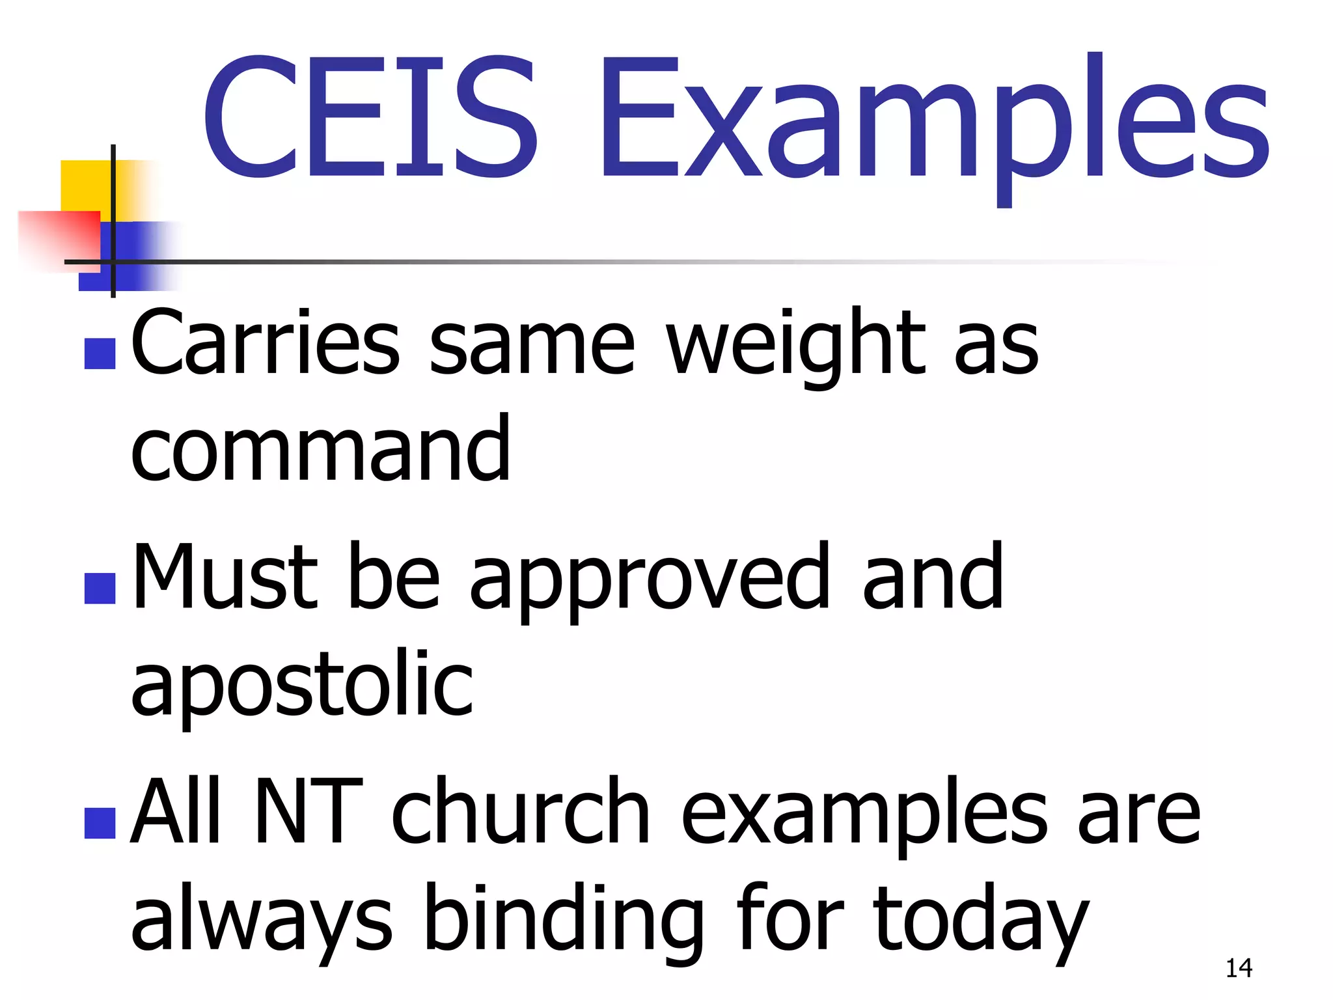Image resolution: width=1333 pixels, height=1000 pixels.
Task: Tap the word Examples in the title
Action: [x=935, y=124]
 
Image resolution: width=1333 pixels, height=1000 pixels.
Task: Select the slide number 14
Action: [x=1239, y=968]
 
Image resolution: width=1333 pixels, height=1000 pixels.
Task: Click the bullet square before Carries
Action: [x=100, y=354]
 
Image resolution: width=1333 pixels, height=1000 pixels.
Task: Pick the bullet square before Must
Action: [x=100, y=588]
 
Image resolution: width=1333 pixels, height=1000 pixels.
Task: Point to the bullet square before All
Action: [x=100, y=823]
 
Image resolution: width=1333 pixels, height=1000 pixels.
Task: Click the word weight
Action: [x=796, y=345]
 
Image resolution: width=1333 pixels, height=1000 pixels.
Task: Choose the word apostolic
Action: [x=302, y=685]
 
